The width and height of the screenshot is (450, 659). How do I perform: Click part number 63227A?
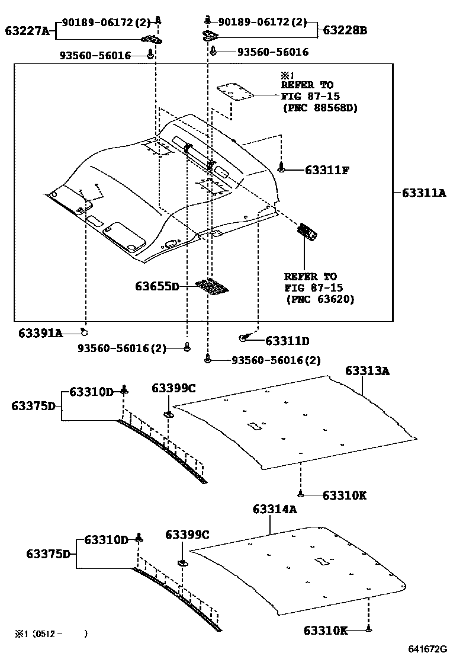[28, 30]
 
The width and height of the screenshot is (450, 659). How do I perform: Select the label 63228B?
[345, 30]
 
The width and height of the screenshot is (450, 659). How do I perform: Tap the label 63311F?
[327, 170]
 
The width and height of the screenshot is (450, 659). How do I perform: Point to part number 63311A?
[423, 193]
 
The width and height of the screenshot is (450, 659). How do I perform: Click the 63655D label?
[157, 287]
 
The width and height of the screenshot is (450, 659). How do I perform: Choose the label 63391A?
[40, 333]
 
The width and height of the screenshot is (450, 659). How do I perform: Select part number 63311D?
[287, 341]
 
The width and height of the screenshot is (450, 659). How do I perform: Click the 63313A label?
[367, 371]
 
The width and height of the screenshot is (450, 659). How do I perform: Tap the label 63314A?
[275, 509]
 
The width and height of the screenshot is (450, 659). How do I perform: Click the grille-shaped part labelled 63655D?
[213, 286]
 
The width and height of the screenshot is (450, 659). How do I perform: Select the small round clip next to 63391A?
[85, 333]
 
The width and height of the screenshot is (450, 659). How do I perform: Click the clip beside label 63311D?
[244, 338]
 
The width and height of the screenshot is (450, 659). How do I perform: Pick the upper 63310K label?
[345, 495]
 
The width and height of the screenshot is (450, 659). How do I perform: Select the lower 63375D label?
[49, 554]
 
